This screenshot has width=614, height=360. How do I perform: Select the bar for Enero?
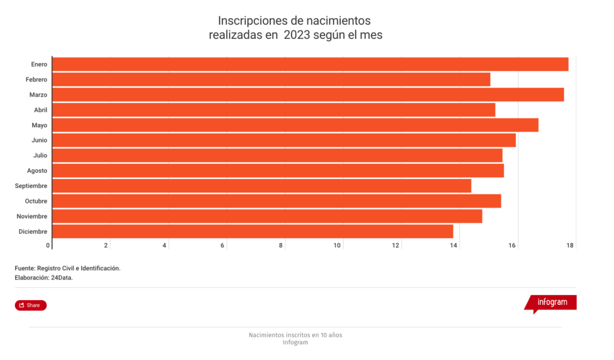[310, 64]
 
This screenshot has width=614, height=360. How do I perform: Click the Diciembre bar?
[252, 232]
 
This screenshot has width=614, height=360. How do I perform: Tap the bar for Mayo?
[295, 125]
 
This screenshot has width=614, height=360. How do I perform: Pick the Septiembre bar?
[261, 186]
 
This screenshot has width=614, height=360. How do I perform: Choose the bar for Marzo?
[308, 94]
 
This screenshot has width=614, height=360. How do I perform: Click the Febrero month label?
[37, 79]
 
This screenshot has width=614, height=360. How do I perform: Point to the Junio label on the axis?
[40, 140]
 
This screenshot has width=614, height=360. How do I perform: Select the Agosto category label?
[37, 171]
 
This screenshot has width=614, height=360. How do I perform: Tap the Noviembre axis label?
[32, 217]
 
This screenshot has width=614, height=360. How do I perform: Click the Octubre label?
[36, 201]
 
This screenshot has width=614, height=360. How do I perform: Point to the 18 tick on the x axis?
[570, 245]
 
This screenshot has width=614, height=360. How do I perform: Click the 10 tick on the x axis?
[338, 245]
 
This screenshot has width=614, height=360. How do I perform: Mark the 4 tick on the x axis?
[164, 245]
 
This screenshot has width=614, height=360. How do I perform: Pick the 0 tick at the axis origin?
[48, 245]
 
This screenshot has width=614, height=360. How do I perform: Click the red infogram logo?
[551, 302]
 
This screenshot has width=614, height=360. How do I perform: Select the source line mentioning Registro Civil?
[68, 268]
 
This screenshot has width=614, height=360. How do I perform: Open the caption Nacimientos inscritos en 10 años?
[295, 335]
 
